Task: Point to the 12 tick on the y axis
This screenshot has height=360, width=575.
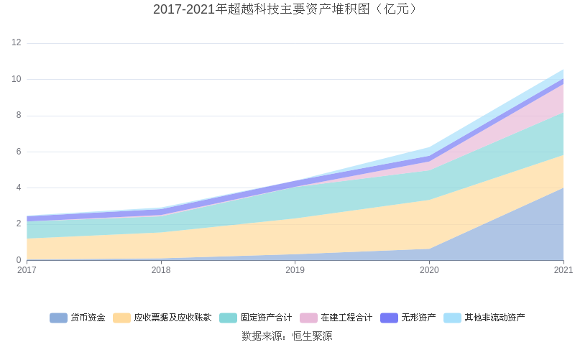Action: pyautogui.click(x=16, y=43)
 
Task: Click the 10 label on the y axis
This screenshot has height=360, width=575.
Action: pyautogui.click(x=16, y=79)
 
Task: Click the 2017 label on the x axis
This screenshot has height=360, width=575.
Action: pyautogui.click(x=27, y=270)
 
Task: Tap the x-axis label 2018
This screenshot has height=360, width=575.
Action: pyautogui.click(x=161, y=270)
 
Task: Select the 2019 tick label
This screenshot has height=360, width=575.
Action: pyautogui.click(x=295, y=270)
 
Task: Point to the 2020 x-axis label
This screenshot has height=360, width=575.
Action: pyautogui.click(x=429, y=270)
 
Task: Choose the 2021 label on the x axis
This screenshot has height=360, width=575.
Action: pyautogui.click(x=563, y=270)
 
